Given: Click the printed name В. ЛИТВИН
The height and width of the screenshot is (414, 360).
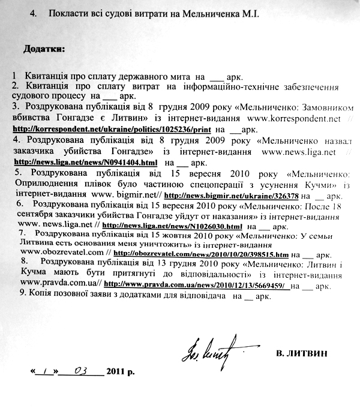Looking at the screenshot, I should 302,353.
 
